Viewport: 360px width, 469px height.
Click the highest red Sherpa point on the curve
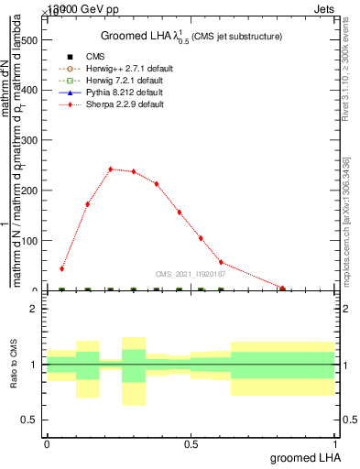click(x=110, y=169)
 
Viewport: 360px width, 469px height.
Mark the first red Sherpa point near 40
click(x=61, y=269)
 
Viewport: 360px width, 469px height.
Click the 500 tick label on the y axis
click(x=29, y=41)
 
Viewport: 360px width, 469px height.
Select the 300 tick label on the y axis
click(x=29, y=141)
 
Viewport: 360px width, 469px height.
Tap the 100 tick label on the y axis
click(x=29, y=241)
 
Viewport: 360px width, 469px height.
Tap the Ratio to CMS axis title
click(x=14, y=365)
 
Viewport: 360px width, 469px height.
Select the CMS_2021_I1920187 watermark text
click(x=191, y=273)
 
